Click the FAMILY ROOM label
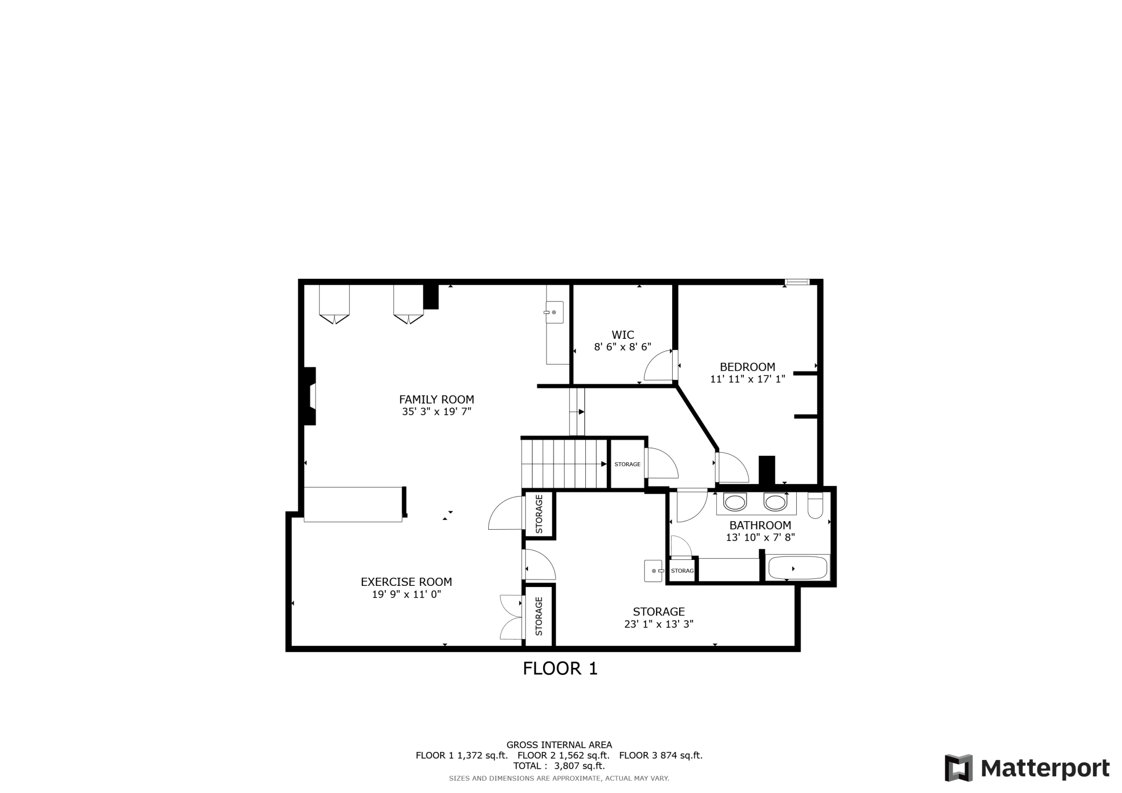(436, 400)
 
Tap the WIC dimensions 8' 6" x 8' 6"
(622, 347)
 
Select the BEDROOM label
(747, 367)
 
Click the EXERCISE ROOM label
(406, 582)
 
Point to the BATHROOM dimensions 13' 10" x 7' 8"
(760, 537)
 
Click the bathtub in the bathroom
(797, 568)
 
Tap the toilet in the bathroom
(815, 505)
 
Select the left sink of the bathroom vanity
(734, 503)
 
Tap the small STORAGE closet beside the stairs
(627, 464)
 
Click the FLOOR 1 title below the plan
(560, 669)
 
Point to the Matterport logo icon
(959, 768)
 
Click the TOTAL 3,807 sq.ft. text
(559, 766)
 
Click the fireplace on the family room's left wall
(310, 396)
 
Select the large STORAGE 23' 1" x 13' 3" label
(659, 618)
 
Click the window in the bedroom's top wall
(797, 282)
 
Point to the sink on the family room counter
(555, 312)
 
